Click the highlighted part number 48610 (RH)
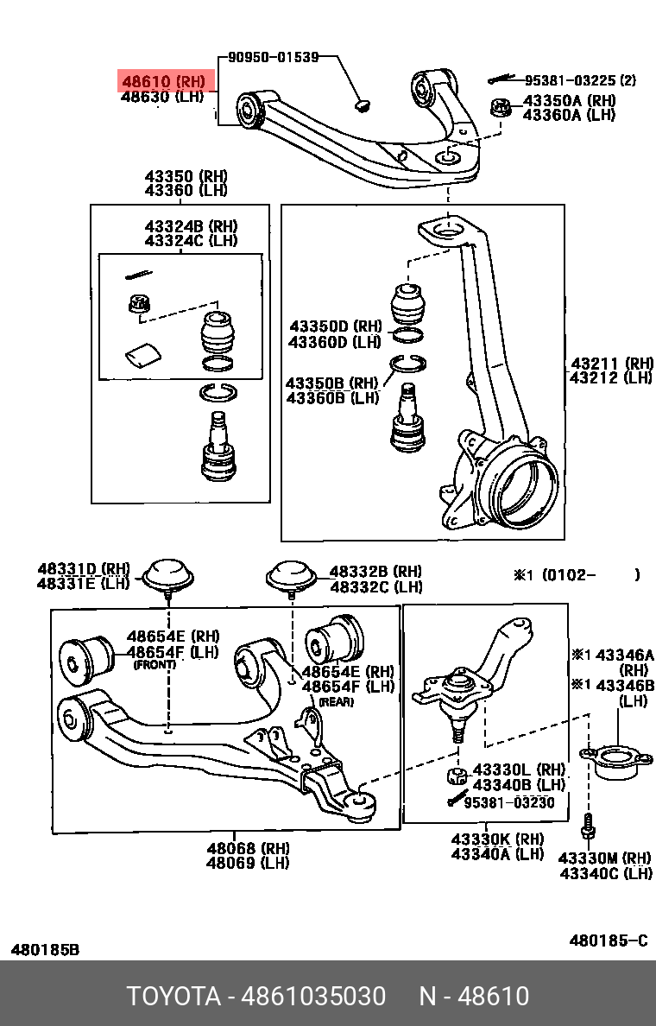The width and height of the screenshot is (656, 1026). pos(163,82)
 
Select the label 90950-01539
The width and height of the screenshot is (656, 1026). pos(273,58)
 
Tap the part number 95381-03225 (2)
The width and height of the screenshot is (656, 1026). pos(580,80)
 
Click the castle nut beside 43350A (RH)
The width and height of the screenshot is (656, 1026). pos(499,109)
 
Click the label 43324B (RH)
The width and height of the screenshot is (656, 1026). pos(191,226)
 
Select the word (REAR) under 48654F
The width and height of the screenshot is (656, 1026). pos(337,702)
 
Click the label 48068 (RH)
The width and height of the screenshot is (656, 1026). pos(248,848)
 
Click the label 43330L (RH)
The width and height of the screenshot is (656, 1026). pos(519,769)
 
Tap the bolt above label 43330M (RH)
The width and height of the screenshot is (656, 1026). pos(590,826)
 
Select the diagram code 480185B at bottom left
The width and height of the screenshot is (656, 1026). pos(45,949)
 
